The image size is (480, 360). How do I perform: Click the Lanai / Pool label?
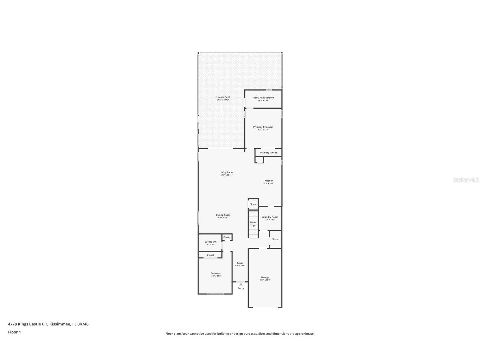(223, 97)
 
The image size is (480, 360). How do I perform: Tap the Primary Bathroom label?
(263, 98)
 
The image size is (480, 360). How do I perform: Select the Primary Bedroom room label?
(263, 127)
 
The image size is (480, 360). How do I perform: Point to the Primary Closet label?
(268, 153)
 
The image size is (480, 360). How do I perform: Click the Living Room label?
(226, 172)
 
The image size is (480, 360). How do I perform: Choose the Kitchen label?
(269, 181)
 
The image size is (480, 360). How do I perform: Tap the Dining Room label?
(223, 215)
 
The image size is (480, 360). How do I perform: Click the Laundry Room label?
(270, 217)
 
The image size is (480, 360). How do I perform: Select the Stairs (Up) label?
(253, 224)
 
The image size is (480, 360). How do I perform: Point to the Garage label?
(265, 277)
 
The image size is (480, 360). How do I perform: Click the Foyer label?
(240, 263)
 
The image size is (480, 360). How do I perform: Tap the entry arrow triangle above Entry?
(241, 284)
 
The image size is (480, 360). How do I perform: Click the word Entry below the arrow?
(241, 288)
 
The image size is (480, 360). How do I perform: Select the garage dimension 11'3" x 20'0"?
(265, 280)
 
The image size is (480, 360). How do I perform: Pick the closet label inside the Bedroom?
(210, 255)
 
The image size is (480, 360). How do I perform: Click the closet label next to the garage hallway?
(275, 239)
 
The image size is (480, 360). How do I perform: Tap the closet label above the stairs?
(253, 204)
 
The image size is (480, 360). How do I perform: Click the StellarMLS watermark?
(466, 180)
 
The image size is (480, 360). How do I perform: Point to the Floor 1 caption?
(14, 332)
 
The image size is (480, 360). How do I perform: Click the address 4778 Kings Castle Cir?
(28, 324)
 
